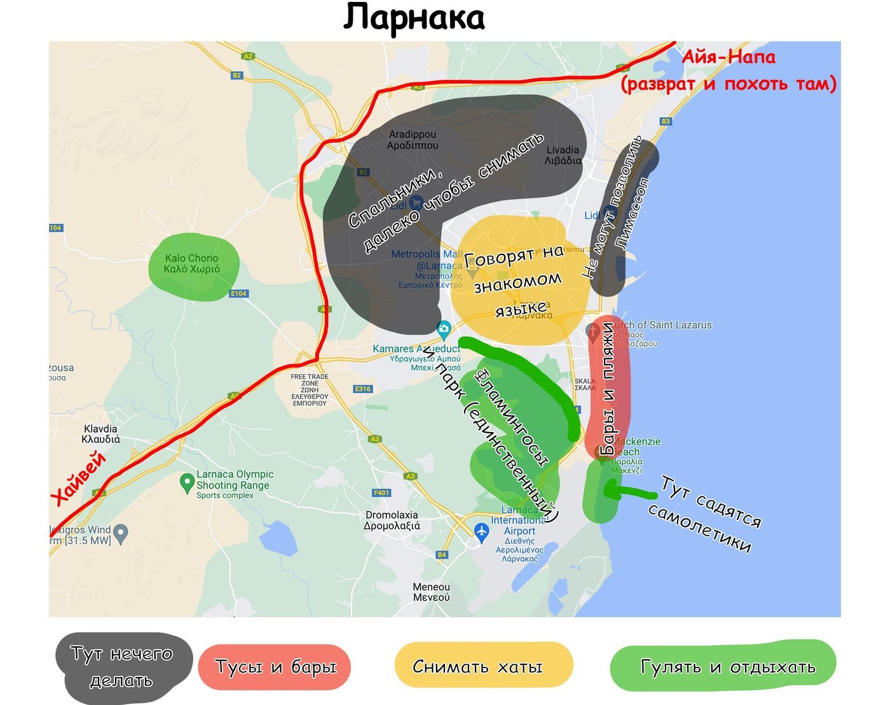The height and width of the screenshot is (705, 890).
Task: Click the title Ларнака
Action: click(x=414, y=18)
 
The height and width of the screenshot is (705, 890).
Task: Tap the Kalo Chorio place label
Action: click(x=191, y=263)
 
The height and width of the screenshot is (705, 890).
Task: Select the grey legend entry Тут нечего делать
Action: click(x=121, y=667)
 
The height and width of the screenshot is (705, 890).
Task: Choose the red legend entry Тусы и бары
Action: click(x=275, y=667)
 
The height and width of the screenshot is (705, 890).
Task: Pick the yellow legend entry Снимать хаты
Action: click(x=477, y=666)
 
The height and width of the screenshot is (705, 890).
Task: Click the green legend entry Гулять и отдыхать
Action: click(x=727, y=666)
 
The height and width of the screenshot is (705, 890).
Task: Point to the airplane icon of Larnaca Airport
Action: click(x=481, y=530)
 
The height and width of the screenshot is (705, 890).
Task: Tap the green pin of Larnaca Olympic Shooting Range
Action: click(x=187, y=482)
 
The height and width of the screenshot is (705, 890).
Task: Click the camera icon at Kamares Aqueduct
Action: click(x=444, y=329)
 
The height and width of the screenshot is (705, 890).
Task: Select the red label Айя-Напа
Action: click(x=729, y=57)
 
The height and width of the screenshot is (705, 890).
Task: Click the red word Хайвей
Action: click(x=79, y=478)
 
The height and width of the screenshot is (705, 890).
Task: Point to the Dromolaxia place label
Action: click(x=392, y=520)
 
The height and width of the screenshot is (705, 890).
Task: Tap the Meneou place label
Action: click(x=431, y=592)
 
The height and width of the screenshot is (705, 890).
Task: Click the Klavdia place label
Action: click(x=100, y=434)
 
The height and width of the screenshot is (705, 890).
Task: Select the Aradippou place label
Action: click(x=413, y=140)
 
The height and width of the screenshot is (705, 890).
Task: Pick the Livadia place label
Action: click(x=563, y=155)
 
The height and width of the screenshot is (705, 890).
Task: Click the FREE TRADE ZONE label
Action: click(x=310, y=389)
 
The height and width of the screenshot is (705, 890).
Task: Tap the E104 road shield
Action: click(x=238, y=293)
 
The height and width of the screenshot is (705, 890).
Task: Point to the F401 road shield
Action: click(x=381, y=492)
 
